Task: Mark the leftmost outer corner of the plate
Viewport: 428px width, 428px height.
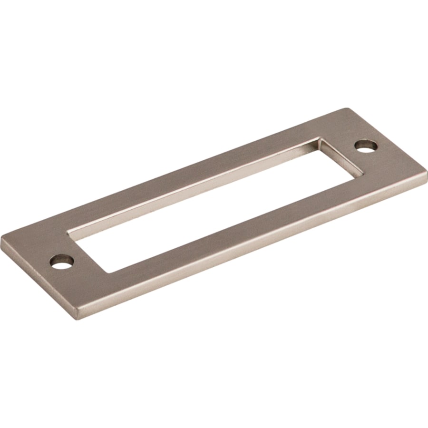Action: coord(1,237)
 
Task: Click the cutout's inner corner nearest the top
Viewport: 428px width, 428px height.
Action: coord(320,138)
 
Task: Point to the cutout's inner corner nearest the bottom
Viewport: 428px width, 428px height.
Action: coord(110,273)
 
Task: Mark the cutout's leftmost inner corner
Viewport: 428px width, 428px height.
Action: coord(68,233)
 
